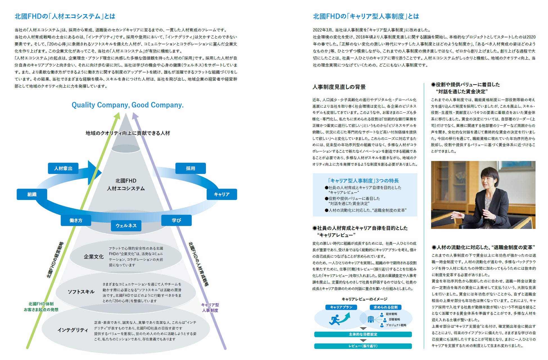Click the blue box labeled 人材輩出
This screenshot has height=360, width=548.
(63, 168)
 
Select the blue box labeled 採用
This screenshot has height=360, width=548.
(191, 168)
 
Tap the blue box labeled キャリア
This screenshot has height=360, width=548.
(222, 194)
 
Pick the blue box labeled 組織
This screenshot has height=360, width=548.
(32, 194)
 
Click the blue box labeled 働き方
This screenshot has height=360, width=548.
(76, 220)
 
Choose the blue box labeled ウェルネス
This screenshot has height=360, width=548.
(126, 225)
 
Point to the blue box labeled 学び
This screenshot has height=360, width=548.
(176, 220)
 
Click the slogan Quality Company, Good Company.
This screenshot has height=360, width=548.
(128, 105)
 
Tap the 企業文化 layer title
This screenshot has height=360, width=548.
(94, 257)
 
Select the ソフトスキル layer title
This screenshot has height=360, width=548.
(81, 292)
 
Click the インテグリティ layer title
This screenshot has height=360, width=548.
(73, 330)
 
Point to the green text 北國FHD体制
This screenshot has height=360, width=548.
(41, 304)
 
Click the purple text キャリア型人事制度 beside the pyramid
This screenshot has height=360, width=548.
(210, 307)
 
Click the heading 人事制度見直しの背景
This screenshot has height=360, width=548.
(339, 87)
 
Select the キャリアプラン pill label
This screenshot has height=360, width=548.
(341, 307)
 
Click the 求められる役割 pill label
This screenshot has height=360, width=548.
(386, 307)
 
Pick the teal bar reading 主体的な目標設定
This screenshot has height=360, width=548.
(363, 334)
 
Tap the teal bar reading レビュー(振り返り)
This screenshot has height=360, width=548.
(363, 346)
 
